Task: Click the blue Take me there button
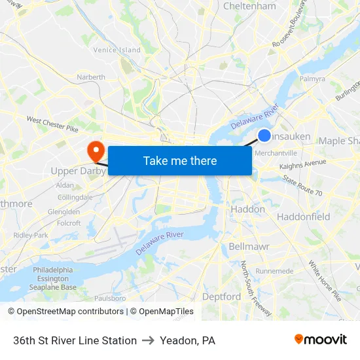180,160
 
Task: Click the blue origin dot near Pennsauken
264,135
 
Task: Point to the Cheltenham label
249,6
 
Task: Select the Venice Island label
117,50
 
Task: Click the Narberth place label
91,77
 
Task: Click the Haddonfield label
303,216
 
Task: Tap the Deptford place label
221,297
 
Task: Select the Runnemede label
275,270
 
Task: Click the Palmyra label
312,79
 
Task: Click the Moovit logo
321,340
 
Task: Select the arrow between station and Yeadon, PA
148,340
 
